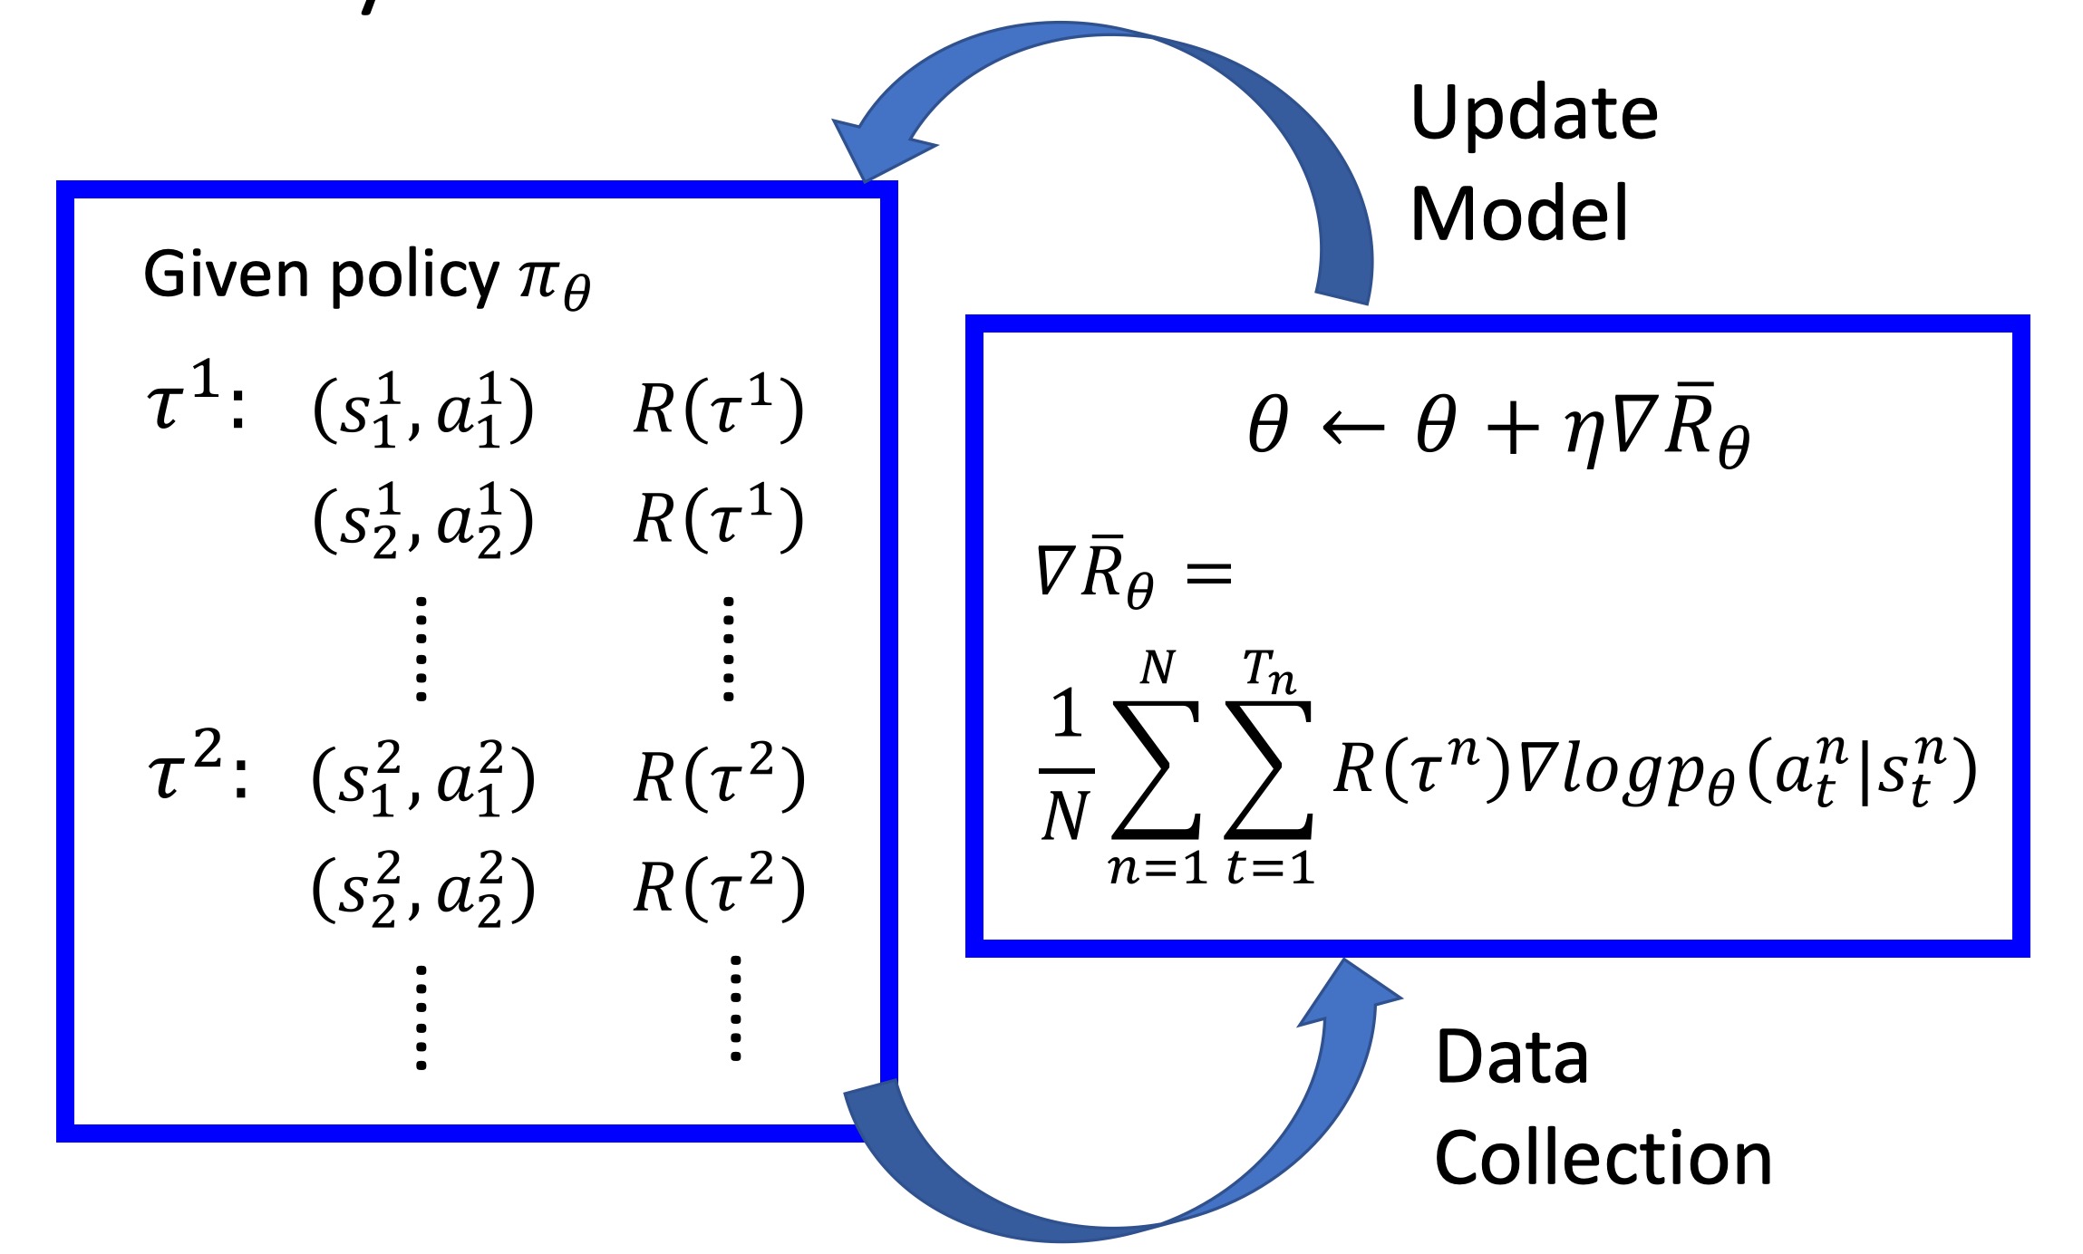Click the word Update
click(x=1534, y=114)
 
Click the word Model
click(x=1519, y=214)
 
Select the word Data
click(x=1512, y=1057)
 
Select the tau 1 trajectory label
click(x=195, y=400)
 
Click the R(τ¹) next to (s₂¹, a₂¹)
click(x=718, y=519)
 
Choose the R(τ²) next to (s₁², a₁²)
click(x=718, y=777)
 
